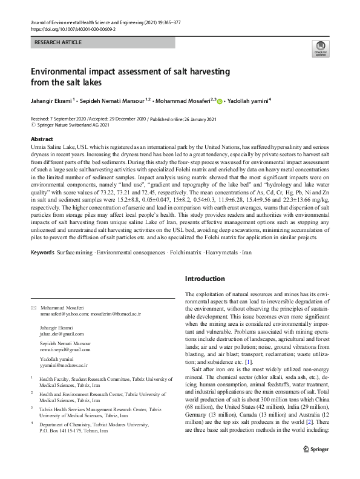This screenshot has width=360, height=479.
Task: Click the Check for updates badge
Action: [x=320, y=50]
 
